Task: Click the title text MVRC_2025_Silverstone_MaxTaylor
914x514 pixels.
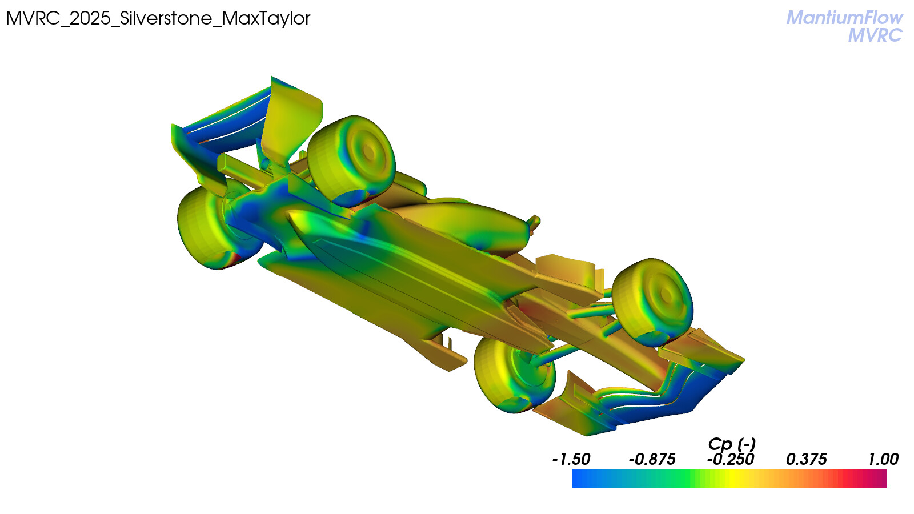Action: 158,18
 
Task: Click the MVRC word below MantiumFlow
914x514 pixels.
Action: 875,35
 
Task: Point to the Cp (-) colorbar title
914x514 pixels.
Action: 732,444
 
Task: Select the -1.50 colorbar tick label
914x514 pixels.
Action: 571,459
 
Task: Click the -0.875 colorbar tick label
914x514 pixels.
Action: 652,459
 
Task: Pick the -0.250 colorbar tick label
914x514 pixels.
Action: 731,459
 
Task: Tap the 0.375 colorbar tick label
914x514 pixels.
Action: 806,459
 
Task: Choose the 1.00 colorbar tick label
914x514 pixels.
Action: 883,459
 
